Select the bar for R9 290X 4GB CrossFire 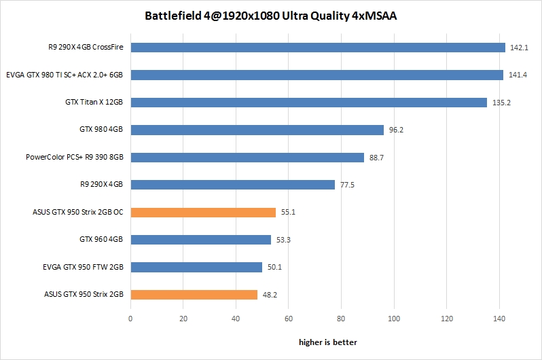tap(318, 48)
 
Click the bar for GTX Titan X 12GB tap(308, 103)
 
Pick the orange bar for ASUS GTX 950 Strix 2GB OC tap(203, 212)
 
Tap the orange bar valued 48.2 tap(194, 295)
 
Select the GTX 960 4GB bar tap(200, 240)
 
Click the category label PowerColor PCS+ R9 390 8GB tap(75, 158)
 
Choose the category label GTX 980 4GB tap(101, 130)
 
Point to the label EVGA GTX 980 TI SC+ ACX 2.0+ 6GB tap(65, 75)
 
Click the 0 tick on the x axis tap(130, 317)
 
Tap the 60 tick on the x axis tap(289, 317)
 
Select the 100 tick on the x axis tap(394, 317)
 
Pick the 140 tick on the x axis tap(499, 317)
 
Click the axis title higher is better tap(327, 342)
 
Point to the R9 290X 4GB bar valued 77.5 tap(232, 185)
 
